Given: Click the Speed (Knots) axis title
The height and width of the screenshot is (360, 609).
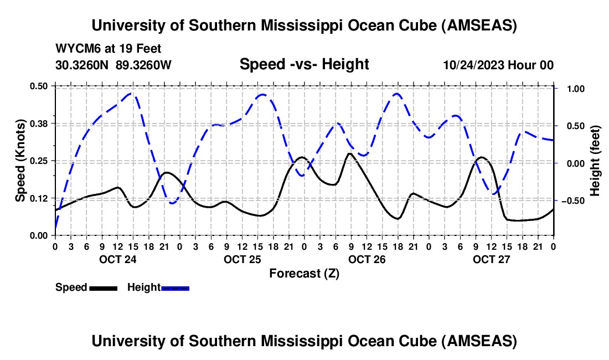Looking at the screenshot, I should pyautogui.click(x=20, y=160).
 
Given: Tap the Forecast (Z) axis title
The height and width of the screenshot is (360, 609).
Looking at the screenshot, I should pyautogui.click(x=304, y=273).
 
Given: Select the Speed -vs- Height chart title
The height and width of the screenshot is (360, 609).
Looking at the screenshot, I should pyautogui.click(x=304, y=64).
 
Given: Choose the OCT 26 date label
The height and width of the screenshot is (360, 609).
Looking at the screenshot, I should pyautogui.click(x=367, y=259).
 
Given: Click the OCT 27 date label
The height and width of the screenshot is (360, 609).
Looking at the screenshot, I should pyautogui.click(x=491, y=259).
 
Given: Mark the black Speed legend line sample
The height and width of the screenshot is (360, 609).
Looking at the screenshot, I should pyautogui.click(x=103, y=287).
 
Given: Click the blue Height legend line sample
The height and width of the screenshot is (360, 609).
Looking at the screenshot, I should pyautogui.click(x=175, y=287).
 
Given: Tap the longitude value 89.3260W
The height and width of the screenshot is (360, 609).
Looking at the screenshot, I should pyautogui.click(x=144, y=65).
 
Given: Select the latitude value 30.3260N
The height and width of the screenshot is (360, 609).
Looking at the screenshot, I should pyautogui.click(x=82, y=65).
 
